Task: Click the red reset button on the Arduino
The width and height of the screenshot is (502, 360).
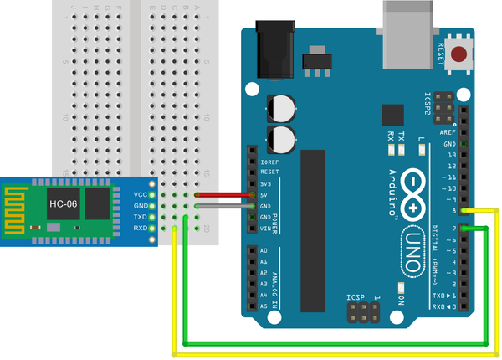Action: coord(458,56)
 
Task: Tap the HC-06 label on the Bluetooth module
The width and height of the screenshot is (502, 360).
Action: coord(64,203)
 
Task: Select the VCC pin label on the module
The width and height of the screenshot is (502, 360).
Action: coord(140,194)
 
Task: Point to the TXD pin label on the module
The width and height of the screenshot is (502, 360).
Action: coord(140,217)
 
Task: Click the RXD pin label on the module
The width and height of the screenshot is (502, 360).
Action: coord(140,228)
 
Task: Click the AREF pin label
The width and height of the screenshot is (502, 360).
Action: coord(448,132)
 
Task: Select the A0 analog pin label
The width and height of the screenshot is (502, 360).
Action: coord(264,251)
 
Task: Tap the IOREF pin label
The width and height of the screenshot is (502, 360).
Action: coord(269,162)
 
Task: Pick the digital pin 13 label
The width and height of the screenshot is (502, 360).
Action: coord(451,155)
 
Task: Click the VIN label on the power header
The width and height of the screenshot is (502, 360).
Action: coord(265,228)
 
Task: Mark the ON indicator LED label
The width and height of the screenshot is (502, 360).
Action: coord(402,299)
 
